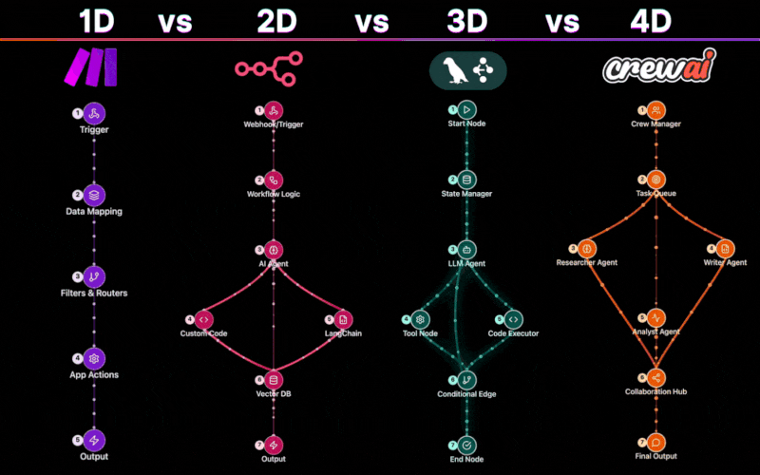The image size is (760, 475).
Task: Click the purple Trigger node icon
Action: pos(94,113)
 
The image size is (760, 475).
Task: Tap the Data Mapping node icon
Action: pos(94,195)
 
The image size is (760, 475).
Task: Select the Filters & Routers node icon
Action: pos(94,276)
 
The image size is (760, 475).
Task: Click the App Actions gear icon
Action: pos(94,359)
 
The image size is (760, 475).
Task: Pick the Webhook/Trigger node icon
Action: pos(274,110)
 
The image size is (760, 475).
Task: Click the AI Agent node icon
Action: pos(274,250)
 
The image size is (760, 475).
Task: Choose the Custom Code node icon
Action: pos(203,319)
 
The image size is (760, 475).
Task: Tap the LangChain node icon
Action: pos(343,319)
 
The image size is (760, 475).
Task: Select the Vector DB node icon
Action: pos(274,380)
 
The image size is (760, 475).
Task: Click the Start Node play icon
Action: pos(466,110)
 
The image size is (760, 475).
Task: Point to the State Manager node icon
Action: pos(466,180)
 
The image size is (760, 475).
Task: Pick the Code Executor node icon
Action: pos(513,319)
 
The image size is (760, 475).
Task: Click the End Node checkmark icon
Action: pos(466,445)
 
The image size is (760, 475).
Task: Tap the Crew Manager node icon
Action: pos(655,110)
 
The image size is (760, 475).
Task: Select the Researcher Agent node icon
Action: pos(586,249)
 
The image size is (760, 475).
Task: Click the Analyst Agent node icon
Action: pos(655,318)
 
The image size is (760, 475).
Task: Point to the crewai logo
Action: pos(659,66)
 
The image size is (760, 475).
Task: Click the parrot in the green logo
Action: pos(454,70)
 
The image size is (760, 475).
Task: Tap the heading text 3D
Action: pos(466,21)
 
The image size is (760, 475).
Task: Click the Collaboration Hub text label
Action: pos(655,391)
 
